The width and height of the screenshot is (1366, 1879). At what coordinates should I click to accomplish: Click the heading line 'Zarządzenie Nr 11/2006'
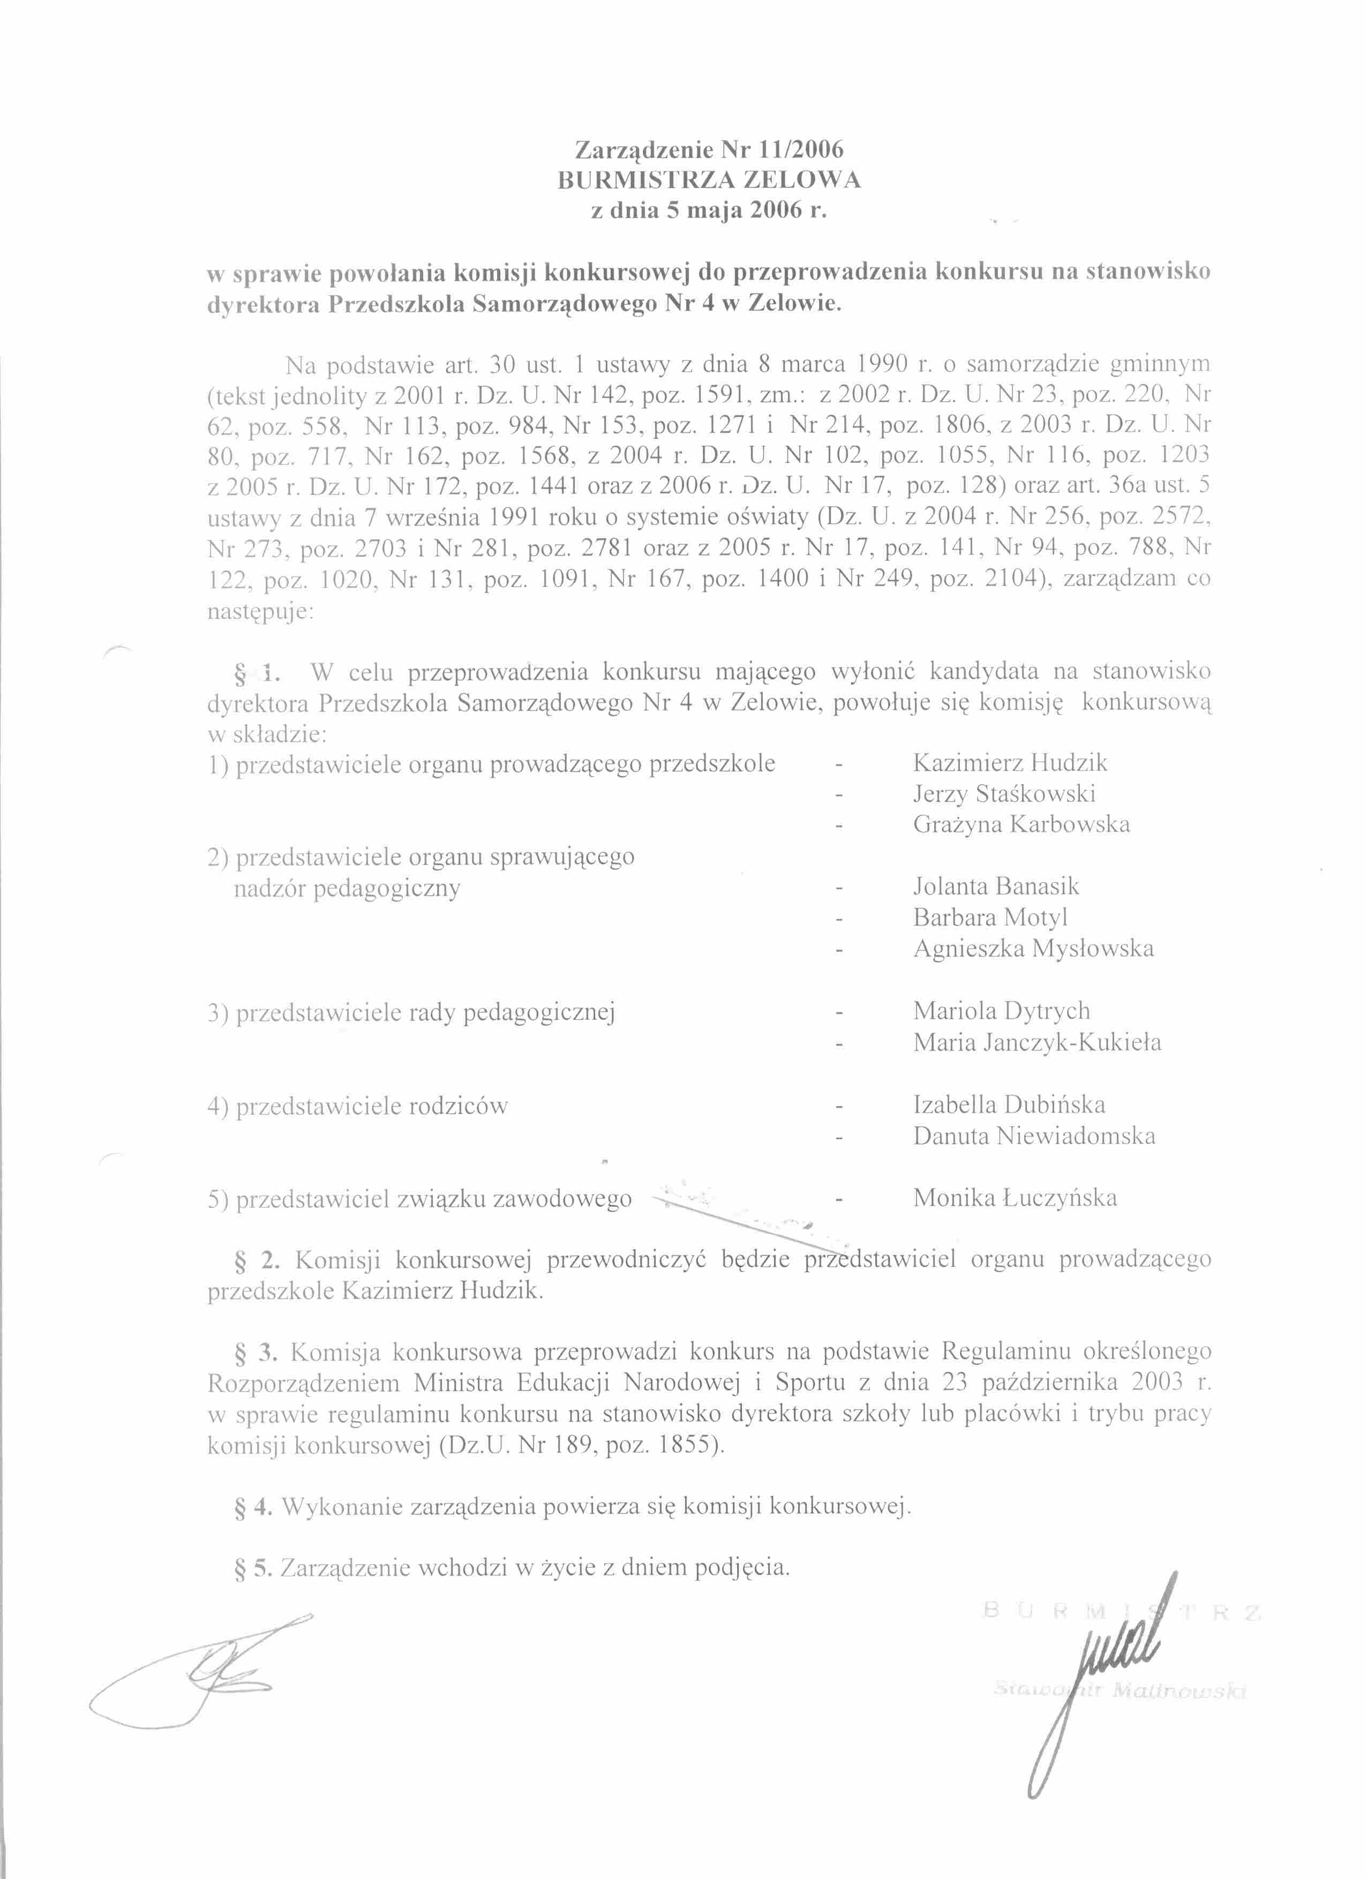(x=709, y=150)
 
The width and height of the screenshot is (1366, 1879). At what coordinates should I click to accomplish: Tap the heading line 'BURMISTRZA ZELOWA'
(x=709, y=180)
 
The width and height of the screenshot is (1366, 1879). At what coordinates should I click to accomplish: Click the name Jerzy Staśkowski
(x=1004, y=794)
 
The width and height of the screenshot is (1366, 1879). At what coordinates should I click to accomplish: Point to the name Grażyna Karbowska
(x=1022, y=824)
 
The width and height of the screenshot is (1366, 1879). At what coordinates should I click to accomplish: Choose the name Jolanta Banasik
(x=996, y=886)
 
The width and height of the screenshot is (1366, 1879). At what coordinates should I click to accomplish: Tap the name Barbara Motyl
(x=990, y=917)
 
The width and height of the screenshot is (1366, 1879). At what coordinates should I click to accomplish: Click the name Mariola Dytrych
(x=1002, y=1011)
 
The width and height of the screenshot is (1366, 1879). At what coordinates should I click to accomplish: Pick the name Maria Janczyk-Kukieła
(x=1037, y=1042)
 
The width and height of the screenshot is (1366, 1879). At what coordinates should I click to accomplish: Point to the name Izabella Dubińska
(x=1009, y=1104)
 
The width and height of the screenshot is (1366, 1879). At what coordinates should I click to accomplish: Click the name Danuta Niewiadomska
(x=1034, y=1136)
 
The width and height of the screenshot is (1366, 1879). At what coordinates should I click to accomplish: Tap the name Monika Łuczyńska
(x=1015, y=1198)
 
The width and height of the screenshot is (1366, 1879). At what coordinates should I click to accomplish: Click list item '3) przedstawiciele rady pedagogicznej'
(x=411, y=1012)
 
